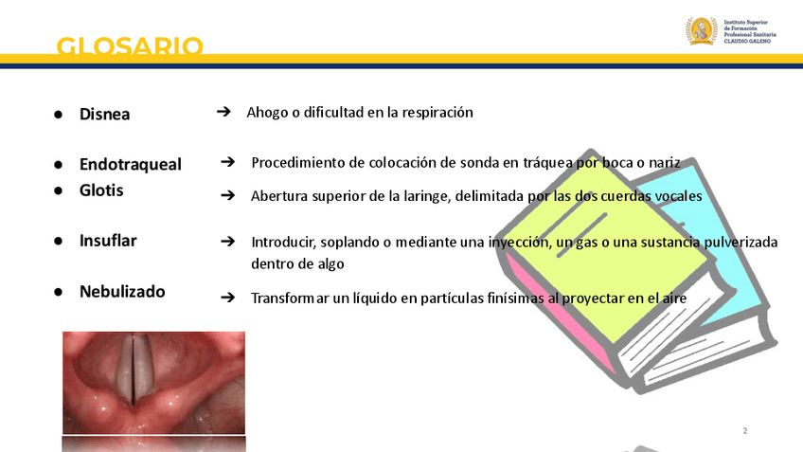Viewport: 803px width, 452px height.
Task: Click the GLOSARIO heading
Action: pyautogui.click(x=130, y=46)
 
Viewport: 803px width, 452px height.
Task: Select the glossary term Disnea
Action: pyautogui.click(x=104, y=114)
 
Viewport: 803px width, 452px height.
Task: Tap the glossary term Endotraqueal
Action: pyautogui.click(x=130, y=164)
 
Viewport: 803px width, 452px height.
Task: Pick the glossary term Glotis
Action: pyautogui.click(x=101, y=190)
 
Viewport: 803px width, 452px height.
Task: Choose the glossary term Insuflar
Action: pyautogui.click(x=108, y=241)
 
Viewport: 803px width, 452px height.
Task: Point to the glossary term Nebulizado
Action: pyautogui.click(x=122, y=291)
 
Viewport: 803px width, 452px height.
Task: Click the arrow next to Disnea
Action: pyautogui.click(x=223, y=111)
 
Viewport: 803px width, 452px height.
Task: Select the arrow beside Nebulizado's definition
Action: pyautogui.click(x=228, y=298)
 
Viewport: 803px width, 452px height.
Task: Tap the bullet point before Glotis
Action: pyautogui.click(x=59, y=190)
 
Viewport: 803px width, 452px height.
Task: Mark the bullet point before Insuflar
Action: pyautogui.click(x=59, y=241)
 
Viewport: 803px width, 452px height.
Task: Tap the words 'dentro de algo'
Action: pyautogui.click(x=297, y=263)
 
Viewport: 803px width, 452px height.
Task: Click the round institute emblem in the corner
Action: pyautogui.click(x=702, y=30)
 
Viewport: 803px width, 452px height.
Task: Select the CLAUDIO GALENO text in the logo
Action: pyautogui.click(x=747, y=41)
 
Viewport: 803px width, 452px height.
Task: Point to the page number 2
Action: pyautogui.click(x=745, y=431)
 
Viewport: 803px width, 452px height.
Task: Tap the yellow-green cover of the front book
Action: pyautogui.click(x=604, y=246)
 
